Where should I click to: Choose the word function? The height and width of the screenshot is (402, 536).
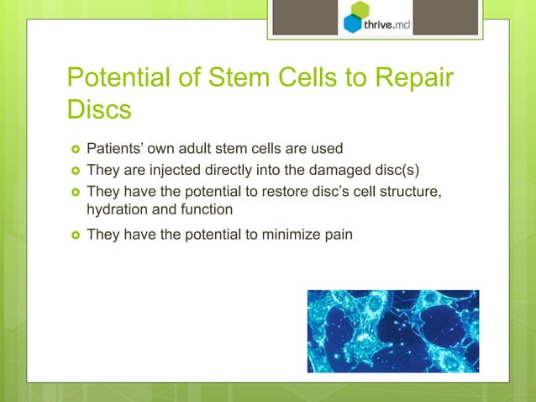coord(206,210)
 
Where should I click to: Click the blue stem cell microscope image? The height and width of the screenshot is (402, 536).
coord(392,331)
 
